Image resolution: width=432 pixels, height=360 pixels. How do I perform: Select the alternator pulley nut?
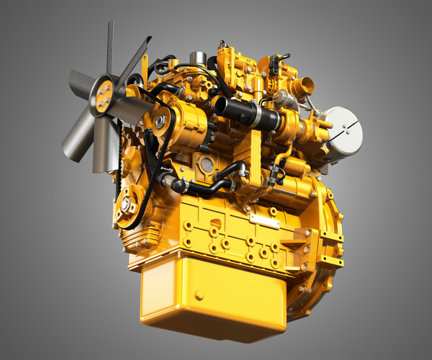click(160, 121)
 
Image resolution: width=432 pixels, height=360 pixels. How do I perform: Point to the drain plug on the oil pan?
click(199, 294)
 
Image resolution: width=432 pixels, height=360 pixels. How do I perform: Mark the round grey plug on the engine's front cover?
click(207, 165)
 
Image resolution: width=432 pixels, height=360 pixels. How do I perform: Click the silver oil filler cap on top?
click(199, 56)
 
